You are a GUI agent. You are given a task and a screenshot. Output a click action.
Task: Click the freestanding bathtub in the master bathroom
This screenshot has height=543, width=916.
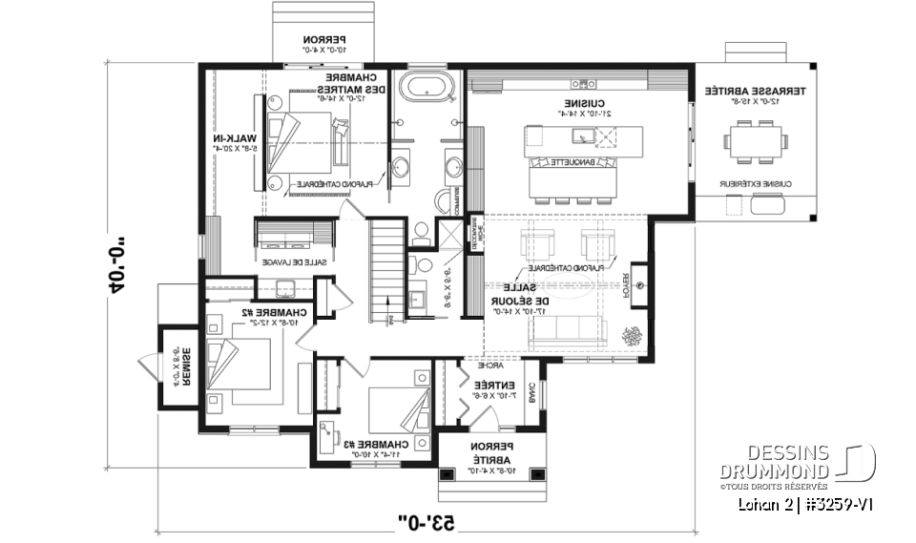click(425, 88)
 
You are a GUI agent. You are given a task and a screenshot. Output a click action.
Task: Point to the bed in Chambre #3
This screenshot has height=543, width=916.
click(391, 407)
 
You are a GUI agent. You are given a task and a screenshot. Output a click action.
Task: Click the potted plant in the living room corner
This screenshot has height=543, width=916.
click(632, 338)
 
